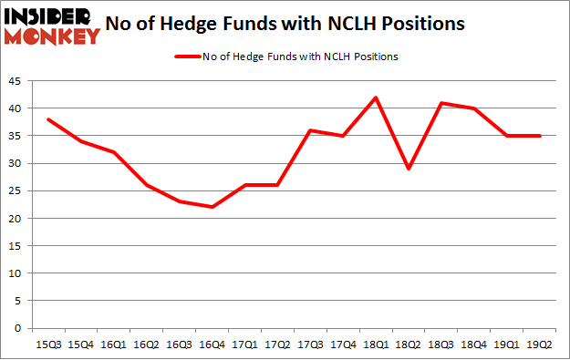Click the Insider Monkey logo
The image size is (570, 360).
tap(51, 26)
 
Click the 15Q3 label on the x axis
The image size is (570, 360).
tap(47, 344)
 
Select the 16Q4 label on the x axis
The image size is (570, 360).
tap(212, 344)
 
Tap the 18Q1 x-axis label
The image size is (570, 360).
tap(375, 344)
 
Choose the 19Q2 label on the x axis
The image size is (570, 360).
tap(539, 344)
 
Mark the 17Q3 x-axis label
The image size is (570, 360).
tap(309, 344)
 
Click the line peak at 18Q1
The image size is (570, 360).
tap(375, 98)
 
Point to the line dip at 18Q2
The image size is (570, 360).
tap(408, 169)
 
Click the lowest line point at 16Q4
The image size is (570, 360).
tap(212, 207)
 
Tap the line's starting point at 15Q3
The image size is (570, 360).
tap(47, 119)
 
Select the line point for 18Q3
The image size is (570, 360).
tap(440, 103)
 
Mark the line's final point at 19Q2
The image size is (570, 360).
tap(539, 136)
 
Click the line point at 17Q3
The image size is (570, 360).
tap(309, 130)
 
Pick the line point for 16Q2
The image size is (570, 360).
tap(146, 185)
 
